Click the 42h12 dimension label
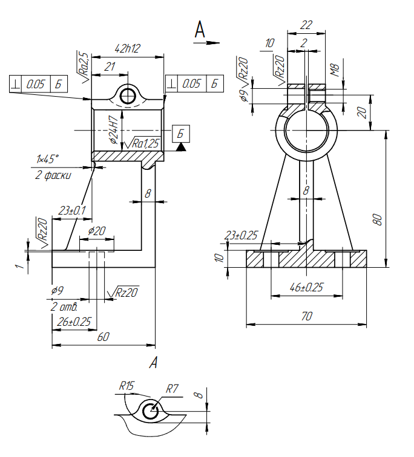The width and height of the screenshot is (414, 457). pyautogui.click(x=128, y=48)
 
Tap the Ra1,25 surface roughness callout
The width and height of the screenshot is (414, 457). pyautogui.click(x=142, y=143)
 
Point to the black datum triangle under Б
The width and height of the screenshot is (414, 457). pyautogui.click(x=181, y=147)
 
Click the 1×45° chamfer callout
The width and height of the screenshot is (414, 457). pyautogui.click(x=47, y=159)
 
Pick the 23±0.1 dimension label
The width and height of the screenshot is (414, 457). pyautogui.click(x=72, y=210)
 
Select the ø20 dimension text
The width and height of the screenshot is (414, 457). pyautogui.click(x=96, y=231)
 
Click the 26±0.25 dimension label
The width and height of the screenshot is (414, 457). pyautogui.click(x=74, y=322)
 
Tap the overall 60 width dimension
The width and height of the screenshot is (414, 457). pyautogui.click(x=103, y=337)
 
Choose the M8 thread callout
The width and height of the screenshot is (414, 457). pyautogui.click(x=335, y=70)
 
